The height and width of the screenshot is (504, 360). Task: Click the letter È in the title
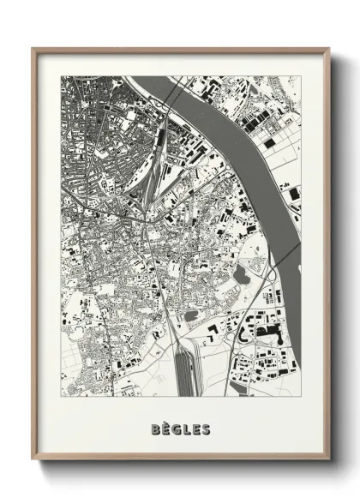[165, 429]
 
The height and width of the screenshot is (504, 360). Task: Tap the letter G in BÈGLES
[177, 429]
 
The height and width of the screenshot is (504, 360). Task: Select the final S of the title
[207, 429]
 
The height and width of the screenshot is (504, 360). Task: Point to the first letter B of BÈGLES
[154, 429]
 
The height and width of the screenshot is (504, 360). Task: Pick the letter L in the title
[187, 429]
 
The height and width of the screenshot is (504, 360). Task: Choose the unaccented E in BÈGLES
[196, 429]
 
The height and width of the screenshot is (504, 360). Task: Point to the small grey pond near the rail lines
[190, 315]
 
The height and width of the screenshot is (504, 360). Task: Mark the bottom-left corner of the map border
[61, 395]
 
